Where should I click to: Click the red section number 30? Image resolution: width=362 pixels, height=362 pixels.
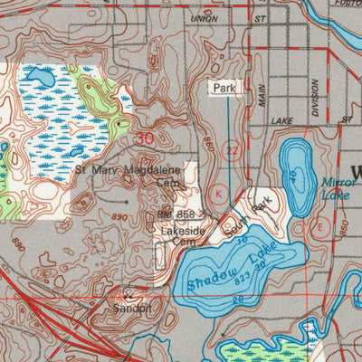(x=144, y=138)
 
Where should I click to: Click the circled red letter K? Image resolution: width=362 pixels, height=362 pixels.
(x=217, y=192)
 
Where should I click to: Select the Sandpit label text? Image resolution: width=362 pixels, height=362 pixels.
(x=132, y=308)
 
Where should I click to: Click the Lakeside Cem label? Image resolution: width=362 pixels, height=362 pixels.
(x=177, y=236)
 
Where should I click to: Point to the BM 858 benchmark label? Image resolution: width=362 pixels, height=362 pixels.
(x=176, y=214)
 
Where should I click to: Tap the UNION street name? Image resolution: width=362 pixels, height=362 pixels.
(x=205, y=18)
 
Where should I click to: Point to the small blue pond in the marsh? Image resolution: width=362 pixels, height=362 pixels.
(x=41, y=80)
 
